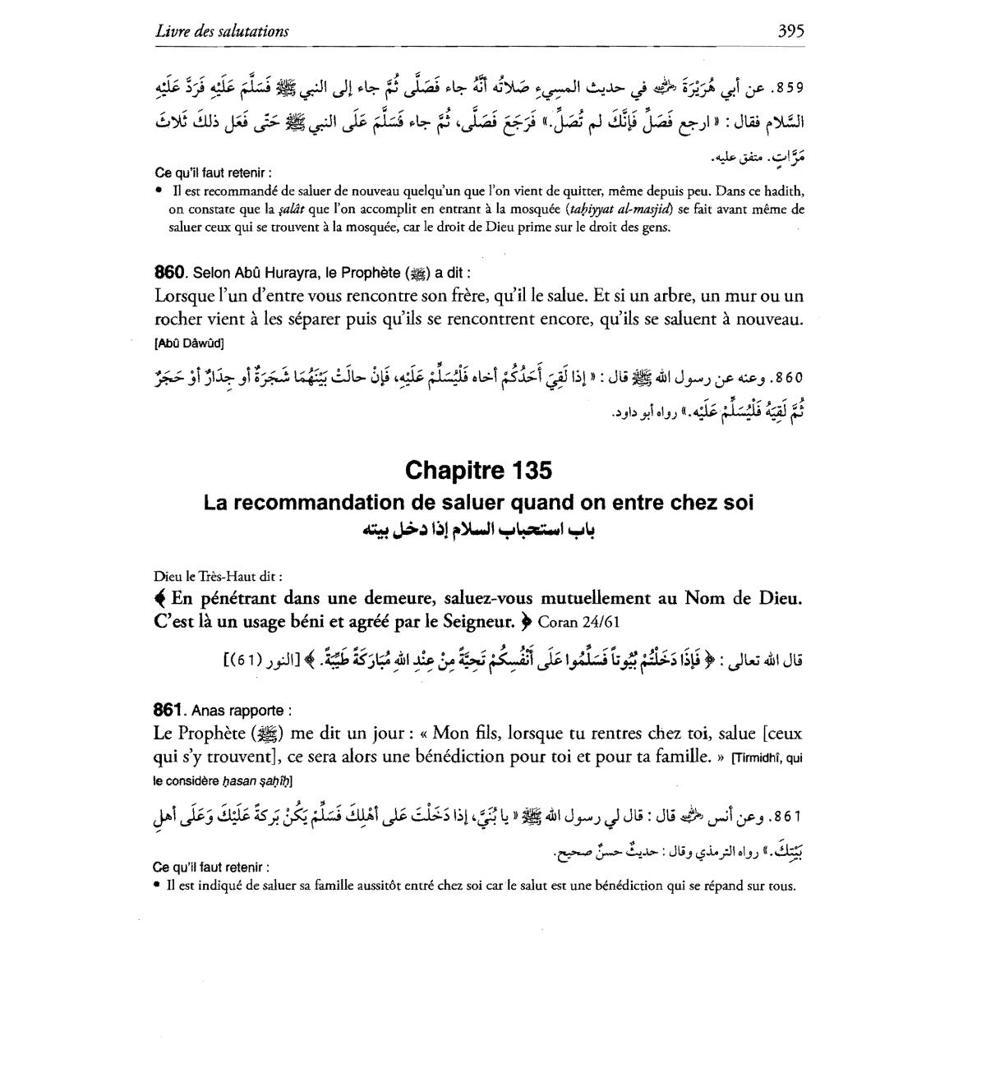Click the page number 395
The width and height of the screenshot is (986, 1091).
(790, 31)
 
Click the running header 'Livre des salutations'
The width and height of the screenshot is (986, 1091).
(222, 31)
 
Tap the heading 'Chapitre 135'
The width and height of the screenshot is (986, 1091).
(478, 471)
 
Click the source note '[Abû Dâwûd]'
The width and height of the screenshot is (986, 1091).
(188, 343)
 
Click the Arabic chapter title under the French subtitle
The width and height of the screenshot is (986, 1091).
(478, 529)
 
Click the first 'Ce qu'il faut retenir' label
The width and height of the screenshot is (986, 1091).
(211, 173)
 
